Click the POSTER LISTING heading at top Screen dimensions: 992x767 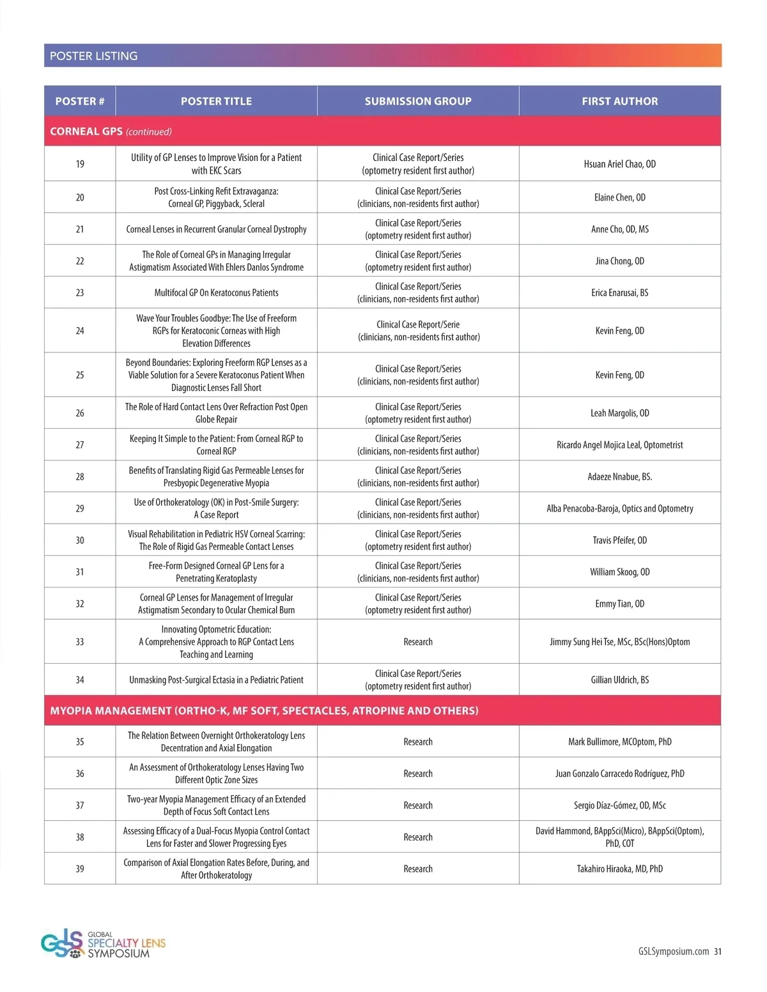pos(94,56)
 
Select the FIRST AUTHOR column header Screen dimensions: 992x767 pos(619,101)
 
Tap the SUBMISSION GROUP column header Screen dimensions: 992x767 pos(418,101)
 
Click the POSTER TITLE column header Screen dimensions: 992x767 pos(216,101)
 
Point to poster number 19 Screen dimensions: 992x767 pos(80,164)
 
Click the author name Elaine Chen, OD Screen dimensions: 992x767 pos(619,197)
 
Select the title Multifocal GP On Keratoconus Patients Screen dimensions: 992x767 pos(216,293)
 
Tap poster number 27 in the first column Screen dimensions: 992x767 pos(80,445)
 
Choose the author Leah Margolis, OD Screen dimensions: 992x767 pos(619,413)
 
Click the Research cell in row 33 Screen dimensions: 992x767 pos(418,642)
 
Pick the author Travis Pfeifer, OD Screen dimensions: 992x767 pos(619,540)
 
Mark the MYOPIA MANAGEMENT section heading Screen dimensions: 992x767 pos(264,710)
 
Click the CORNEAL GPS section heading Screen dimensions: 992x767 pos(86,132)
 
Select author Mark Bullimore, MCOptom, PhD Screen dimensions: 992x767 pos(619,742)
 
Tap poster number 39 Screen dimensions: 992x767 pos(80,869)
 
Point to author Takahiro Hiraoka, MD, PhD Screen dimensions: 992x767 pos(619,869)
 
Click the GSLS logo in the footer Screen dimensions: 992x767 pos(102,944)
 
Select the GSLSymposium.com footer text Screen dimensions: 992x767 pos(673,951)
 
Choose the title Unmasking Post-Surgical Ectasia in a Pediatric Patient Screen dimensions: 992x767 pos(216,680)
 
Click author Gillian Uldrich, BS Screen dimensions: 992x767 pos(619,680)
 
